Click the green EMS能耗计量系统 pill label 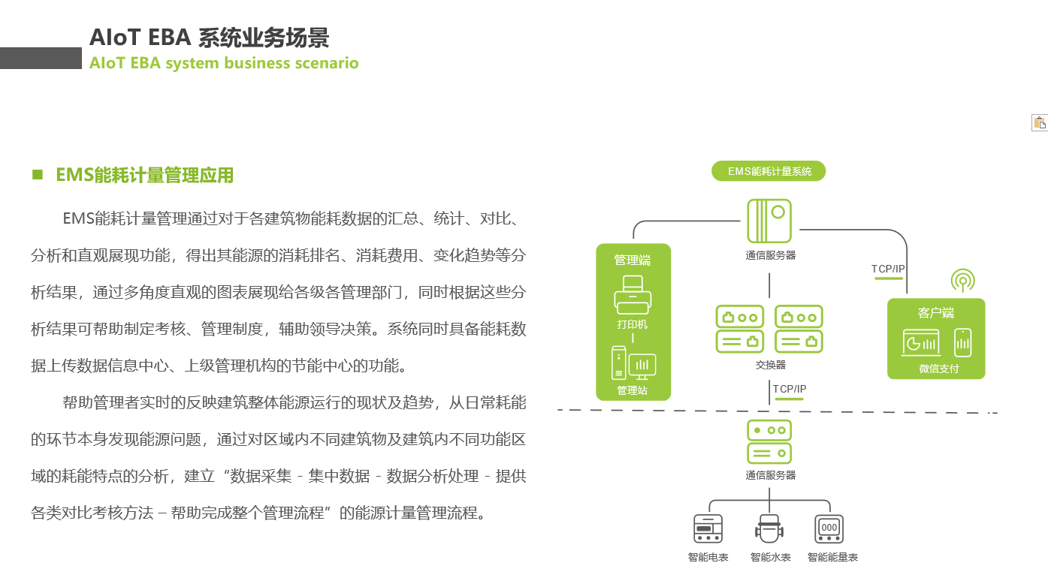[769, 171]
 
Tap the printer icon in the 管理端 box [633, 295]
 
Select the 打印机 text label [633, 324]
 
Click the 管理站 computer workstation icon [633, 363]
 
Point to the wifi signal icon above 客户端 [962, 281]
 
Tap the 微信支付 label [938, 369]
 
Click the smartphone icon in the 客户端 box [962, 342]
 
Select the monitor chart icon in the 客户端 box [920, 343]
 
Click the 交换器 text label [770, 365]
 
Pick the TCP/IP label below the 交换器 [790, 389]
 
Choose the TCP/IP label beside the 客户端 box [888, 269]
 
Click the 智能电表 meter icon [708, 529]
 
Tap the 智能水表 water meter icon [769, 529]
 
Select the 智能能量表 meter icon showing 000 [829, 529]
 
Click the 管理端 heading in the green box [633, 260]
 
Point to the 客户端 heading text [936, 313]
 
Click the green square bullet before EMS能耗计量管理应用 [38, 175]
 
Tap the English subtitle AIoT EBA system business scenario [224, 63]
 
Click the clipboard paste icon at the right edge [1040, 123]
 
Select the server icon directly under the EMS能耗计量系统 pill [769, 221]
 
